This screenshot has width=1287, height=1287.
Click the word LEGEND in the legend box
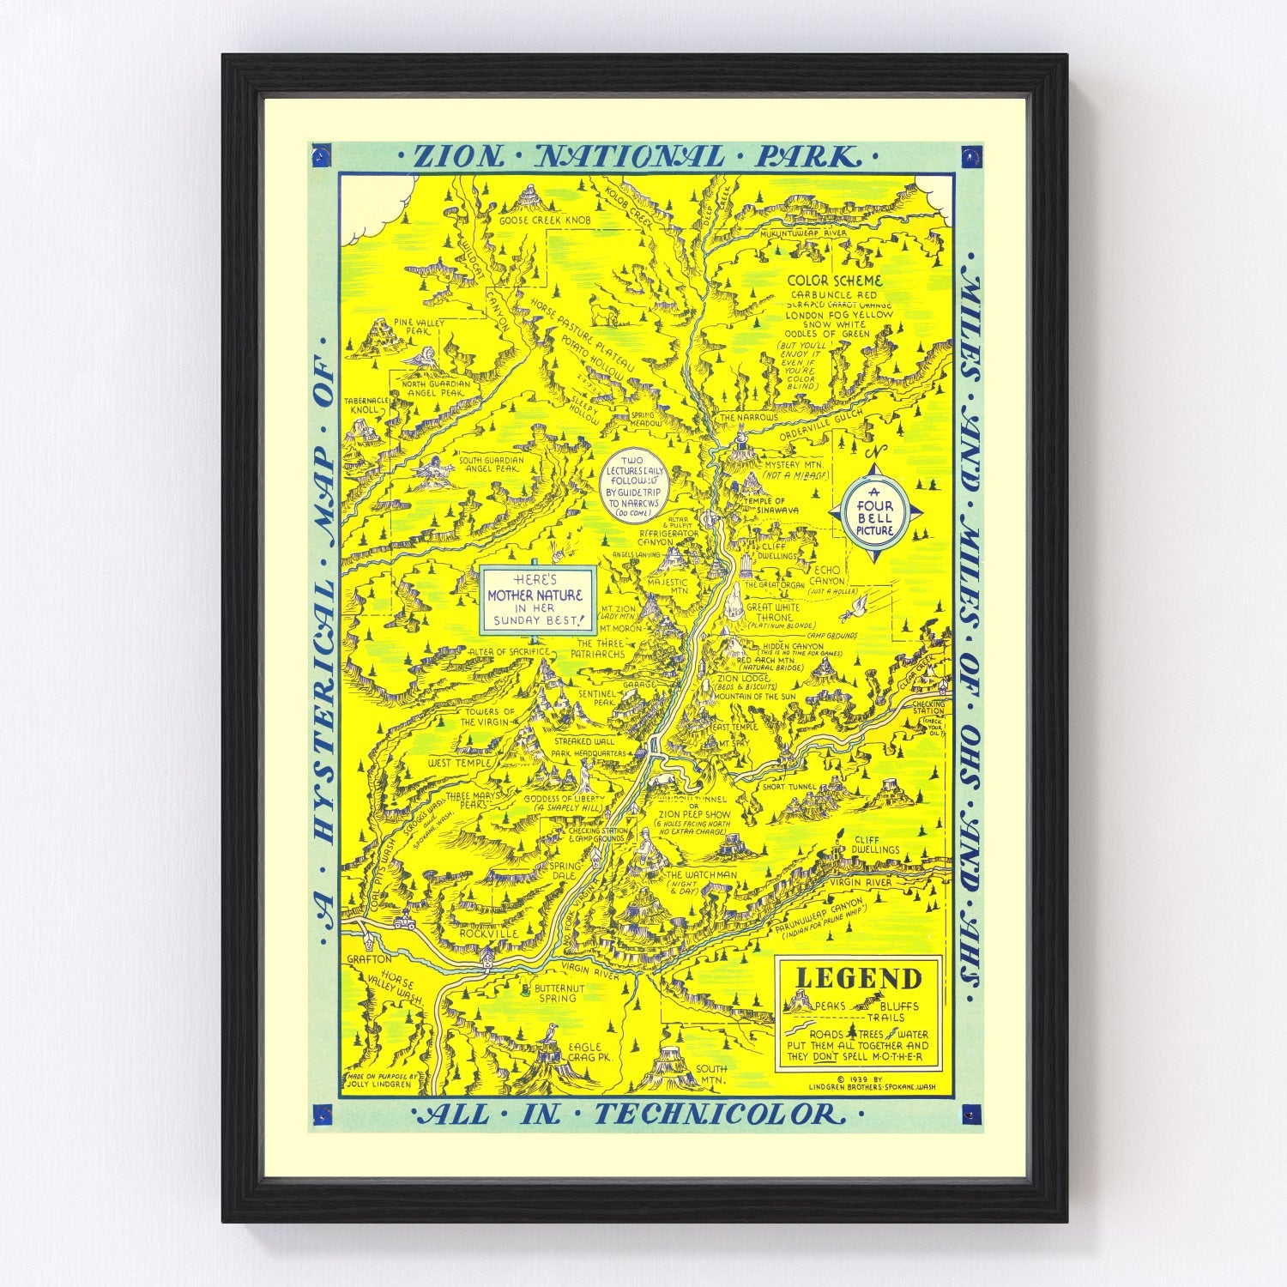(x=859, y=978)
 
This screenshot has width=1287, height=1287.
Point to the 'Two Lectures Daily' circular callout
(x=637, y=486)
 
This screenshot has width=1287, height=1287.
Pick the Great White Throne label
(x=773, y=612)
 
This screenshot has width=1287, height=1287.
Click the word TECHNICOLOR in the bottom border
(x=715, y=1115)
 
